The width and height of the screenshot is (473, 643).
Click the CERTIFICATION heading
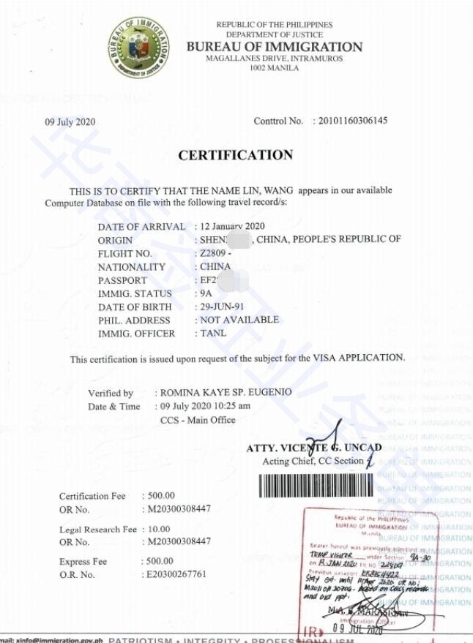[235, 155]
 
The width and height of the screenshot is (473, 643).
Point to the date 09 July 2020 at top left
[70, 121]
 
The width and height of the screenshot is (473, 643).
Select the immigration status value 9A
[206, 293]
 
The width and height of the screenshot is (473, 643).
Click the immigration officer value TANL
[213, 334]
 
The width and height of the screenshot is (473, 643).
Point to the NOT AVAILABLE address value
[239, 320]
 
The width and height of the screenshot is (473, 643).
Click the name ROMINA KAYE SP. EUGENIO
[228, 392]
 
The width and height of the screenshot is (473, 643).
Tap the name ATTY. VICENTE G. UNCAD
[314, 448]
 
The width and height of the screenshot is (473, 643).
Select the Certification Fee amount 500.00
[160, 496]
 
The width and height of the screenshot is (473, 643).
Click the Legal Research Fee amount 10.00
[157, 529]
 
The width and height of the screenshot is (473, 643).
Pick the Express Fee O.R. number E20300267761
[176, 575]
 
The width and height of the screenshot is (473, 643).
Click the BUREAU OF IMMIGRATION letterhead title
[274, 47]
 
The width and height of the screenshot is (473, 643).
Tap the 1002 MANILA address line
[275, 68]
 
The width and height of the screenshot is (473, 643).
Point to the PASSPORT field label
[122, 280]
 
